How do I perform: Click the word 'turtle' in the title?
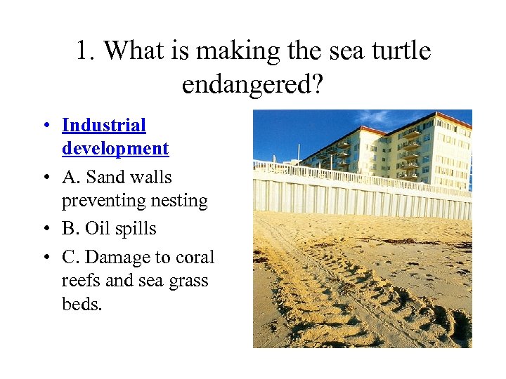click(x=397, y=51)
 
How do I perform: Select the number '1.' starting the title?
click(x=85, y=51)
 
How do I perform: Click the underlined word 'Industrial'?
click(x=103, y=126)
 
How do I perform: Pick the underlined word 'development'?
click(x=115, y=149)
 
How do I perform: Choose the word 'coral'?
click(x=195, y=258)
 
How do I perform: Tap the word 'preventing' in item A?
click(x=103, y=201)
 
